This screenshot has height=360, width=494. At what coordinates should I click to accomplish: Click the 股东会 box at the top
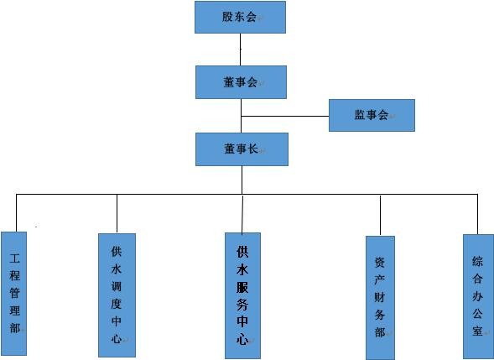pos(240,17)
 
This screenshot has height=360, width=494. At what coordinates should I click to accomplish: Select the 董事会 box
pos(241,82)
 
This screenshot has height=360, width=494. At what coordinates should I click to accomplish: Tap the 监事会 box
pos(372,115)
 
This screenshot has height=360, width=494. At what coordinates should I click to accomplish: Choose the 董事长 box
pos(242,149)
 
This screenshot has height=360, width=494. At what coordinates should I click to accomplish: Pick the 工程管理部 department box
pos(14,294)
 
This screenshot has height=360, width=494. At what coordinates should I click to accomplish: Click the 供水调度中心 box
pos(117,295)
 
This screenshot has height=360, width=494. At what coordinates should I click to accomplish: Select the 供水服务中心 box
pos(242,295)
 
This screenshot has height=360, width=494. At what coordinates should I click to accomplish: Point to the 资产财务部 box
pos(380,296)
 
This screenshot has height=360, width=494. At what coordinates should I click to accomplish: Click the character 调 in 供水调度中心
pos(117,285)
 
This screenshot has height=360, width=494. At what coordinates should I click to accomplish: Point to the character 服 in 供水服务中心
pos(242,286)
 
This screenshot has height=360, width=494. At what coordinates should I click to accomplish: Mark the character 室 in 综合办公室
pos(477,331)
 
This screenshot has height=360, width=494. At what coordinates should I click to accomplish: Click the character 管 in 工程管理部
pos(14,294)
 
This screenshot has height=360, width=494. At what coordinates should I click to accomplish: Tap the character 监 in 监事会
pos(360,115)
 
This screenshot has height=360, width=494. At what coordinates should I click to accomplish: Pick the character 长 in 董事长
pos(252,149)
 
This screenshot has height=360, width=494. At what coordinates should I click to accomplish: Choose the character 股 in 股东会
pos(227,17)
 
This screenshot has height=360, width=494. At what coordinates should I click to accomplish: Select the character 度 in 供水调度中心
pos(117,304)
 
